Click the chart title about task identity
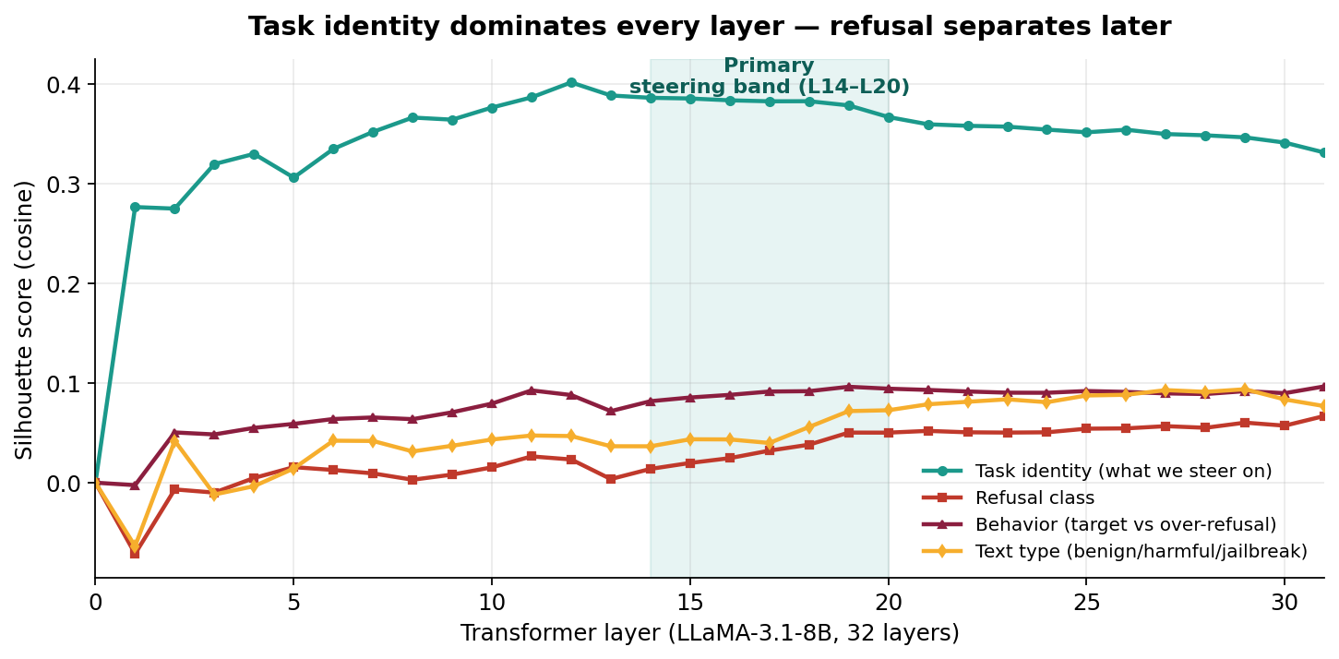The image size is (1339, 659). pyautogui.click(x=709, y=27)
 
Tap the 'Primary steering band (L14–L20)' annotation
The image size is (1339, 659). pyautogui.click(x=769, y=77)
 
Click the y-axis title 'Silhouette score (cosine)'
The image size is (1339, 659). pyautogui.click(x=25, y=319)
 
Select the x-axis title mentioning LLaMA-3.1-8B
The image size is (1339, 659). pyautogui.click(x=709, y=633)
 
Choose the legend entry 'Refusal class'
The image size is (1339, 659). pyautogui.click(x=1034, y=498)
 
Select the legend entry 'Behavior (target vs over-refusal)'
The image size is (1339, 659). pyautogui.click(x=1125, y=525)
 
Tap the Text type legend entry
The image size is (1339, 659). pyautogui.click(x=1141, y=552)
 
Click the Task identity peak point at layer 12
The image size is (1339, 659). pyautogui.click(x=571, y=82)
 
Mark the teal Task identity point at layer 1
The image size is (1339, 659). pyautogui.click(x=135, y=207)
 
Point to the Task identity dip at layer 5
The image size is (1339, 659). pyautogui.click(x=293, y=177)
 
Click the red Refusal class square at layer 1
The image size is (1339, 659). pyautogui.click(x=135, y=554)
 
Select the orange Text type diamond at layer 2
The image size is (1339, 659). pyautogui.click(x=174, y=441)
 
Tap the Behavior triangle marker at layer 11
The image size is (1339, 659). pyautogui.click(x=532, y=390)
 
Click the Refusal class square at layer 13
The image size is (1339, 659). pyautogui.click(x=611, y=479)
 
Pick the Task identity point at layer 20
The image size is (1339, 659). pyautogui.click(x=889, y=117)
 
